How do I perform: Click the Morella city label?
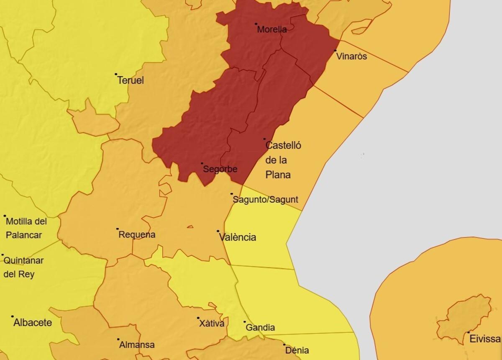pyautogui.click(x=272, y=30)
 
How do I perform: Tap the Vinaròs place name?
pyautogui.click(x=352, y=57)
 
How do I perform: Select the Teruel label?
pyautogui.click(x=131, y=80)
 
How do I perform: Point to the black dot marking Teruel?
pyautogui.click(x=116, y=74)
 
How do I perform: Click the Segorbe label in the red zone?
pyautogui.click(x=220, y=170)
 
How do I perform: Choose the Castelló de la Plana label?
pyautogui.click(x=283, y=160)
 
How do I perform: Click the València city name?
pyautogui.click(x=238, y=237)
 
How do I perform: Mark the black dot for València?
pyautogui.click(x=218, y=231)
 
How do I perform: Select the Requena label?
pyautogui.click(x=137, y=235)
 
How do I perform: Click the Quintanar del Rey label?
pyautogui.click(x=23, y=267)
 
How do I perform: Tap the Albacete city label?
pyautogui.click(x=33, y=323)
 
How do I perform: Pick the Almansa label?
pyautogui.click(x=137, y=345)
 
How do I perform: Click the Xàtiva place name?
pyautogui.click(x=212, y=324)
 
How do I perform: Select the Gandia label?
pyautogui.click(x=260, y=328)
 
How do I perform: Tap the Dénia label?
pyautogui.click(x=298, y=350)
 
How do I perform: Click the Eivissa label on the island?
pyautogui.click(x=485, y=339)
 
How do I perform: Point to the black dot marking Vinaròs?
pyautogui.click(x=336, y=51)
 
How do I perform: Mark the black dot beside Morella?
pyautogui.click(x=256, y=24)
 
